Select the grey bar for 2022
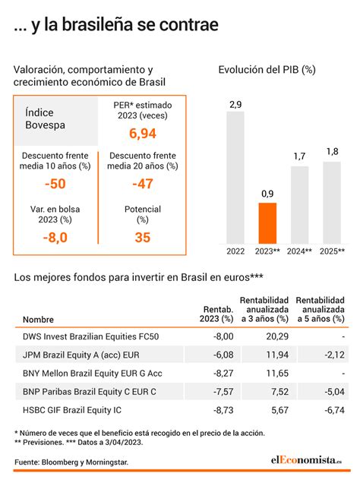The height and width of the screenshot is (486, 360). (x=235, y=178)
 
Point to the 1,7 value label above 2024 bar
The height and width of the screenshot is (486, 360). (x=299, y=156)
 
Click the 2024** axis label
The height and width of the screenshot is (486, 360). (x=299, y=251)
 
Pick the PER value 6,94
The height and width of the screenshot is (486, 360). (x=142, y=134)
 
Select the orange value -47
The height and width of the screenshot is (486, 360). (x=142, y=184)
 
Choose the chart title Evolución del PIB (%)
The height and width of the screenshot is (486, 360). (x=267, y=70)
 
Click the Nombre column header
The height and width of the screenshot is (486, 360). (x=39, y=320)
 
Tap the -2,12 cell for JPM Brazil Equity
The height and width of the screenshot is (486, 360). (x=332, y=354)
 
